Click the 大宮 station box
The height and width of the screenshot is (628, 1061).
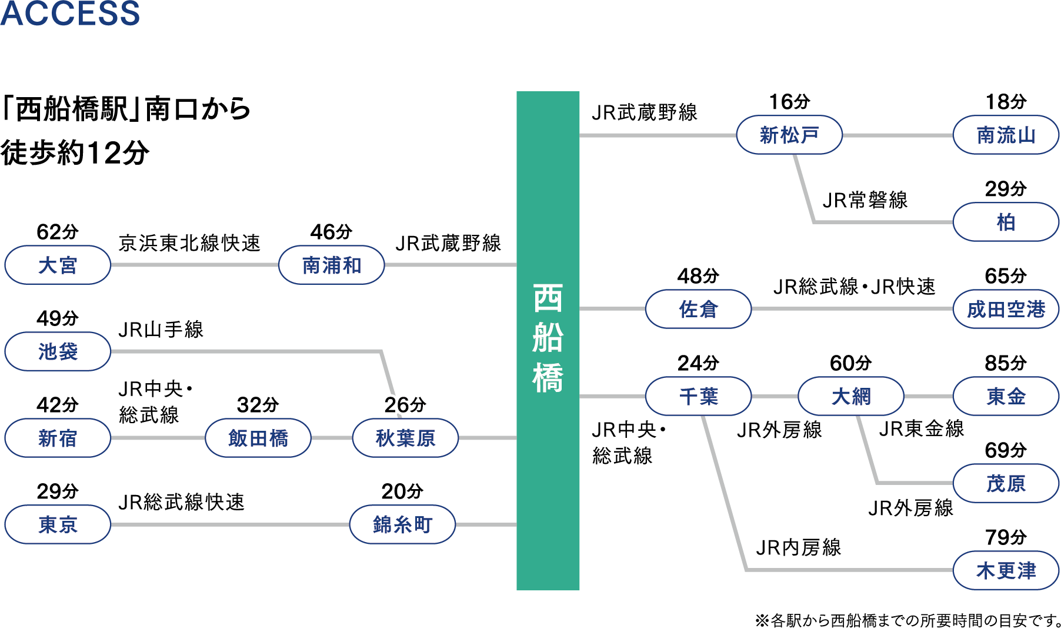(58, 265)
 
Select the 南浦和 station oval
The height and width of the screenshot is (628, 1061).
(332, 265)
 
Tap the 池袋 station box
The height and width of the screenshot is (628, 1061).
(58, 351)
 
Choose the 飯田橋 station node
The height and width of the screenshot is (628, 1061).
(258, 438)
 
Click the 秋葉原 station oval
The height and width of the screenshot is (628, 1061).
(405, 438)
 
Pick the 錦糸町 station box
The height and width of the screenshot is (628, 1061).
(402, 524)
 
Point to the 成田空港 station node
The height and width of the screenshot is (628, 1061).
(1006, 309)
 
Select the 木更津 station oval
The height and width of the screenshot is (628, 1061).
(1006, 570)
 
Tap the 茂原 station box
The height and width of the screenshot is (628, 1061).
(1006, 483)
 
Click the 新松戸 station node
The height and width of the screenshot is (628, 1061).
(789, 135)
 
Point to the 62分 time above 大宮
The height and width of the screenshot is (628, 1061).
(58, 232)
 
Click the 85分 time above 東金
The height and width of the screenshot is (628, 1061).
(1006, 363)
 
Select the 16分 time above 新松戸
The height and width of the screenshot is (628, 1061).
(789, 102)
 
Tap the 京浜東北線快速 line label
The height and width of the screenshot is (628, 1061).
(189, 242)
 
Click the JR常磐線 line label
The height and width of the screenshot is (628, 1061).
(865, 200)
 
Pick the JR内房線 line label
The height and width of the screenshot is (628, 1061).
(799, 547)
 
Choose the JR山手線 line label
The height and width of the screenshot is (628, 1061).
(161, 329)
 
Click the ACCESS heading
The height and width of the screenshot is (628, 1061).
(70, 13)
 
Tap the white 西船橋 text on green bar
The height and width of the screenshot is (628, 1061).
(548, 338)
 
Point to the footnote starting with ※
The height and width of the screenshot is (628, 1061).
(908, 620)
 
